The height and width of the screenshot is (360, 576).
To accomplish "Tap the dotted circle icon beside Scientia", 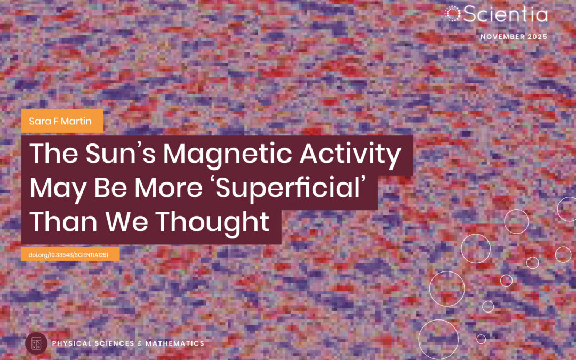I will pyautogui.click(x=453, y=14).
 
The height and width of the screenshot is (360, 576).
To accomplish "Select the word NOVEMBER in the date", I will pyautogui.click(x=501, y=37).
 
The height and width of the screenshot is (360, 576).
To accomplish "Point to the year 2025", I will pyautogui.click(x=536, y=37).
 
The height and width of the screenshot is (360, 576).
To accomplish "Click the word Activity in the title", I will pyautogui.click(x=354, y=154).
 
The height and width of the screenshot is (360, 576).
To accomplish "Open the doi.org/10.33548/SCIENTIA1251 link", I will pyautogui.click(x=70, y=254).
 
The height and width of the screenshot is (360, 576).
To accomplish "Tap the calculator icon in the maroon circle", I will pyautogui.click(x=36, y=343).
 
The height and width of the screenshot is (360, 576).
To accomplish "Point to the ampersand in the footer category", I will pyautogui.click(x=138, y=343).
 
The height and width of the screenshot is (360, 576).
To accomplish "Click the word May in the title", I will pyautogui.click(x=53, y=188).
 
